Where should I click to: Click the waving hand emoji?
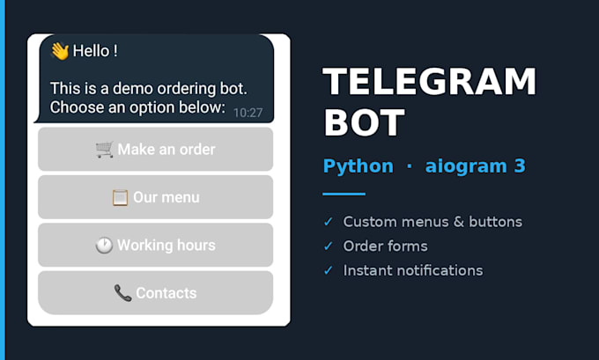(60, 51)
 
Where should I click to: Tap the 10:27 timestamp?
(248, 113)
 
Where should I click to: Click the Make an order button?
(156, 150)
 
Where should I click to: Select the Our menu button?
(156, 197)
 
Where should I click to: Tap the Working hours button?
(156, 245)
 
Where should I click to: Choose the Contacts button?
(156, 293)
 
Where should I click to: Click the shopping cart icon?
(105, 150)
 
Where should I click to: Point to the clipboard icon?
(120, 198)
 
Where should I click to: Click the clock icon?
(104, 246)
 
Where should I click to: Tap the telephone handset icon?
(122, 293)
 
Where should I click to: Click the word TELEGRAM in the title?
(430, 81)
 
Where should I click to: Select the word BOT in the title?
(364, 122)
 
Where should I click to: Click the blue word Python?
(359, 166)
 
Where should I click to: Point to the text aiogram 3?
(475, 166)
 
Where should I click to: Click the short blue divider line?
(344, 194)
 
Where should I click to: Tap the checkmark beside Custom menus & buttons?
(329, 222)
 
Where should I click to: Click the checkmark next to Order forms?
(329, 246)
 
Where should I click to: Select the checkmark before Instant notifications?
(329, 271)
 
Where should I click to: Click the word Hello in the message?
(91, 51)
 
